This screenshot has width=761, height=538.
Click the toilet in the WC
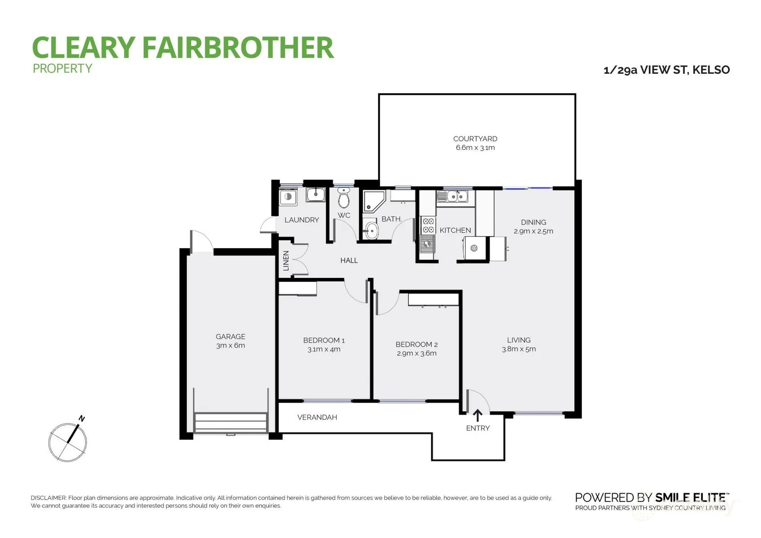tap(344, 198)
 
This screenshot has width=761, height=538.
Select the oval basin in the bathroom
tap(371, 230)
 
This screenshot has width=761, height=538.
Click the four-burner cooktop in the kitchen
tap(428, 225)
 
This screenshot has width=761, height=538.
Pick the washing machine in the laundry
tap(288, 197)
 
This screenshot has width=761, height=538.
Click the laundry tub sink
tap(315, 195)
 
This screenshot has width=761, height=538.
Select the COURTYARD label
tap(475, 138)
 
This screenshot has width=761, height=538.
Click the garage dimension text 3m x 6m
tap(231, 345)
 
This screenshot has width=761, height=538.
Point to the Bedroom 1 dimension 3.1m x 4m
tap(324, 349)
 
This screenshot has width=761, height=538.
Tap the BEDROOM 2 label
tap(416, 344)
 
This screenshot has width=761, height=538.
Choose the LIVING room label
tap(518, 340)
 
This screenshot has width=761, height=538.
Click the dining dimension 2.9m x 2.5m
tap(533, 231)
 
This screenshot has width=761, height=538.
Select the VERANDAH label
tap(317, 417)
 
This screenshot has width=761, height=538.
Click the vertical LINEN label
tap(286, 261)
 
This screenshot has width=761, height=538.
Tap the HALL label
tap(349, 260)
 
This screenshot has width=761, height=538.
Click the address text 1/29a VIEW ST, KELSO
tap(666, 70)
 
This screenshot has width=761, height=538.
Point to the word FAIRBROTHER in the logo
tap(238, 48)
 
